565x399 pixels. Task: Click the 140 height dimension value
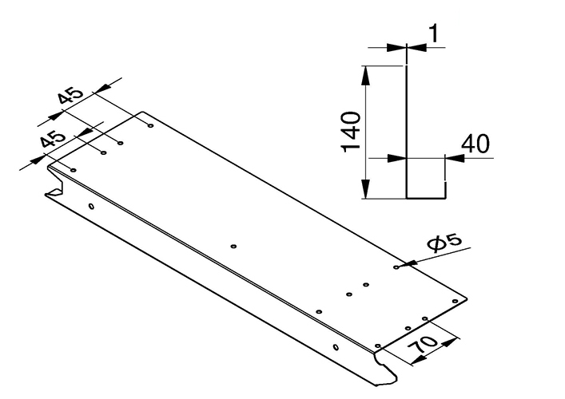[x=352, y=132]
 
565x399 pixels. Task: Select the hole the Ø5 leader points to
[x=397, y=267]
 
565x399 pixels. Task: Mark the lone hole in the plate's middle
[x=233, y=247]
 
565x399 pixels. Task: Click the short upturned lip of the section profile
[x=445, y=189]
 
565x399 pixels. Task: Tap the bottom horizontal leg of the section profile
[x=426, y=196]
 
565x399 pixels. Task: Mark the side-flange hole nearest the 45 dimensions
[x=91, y=206]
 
